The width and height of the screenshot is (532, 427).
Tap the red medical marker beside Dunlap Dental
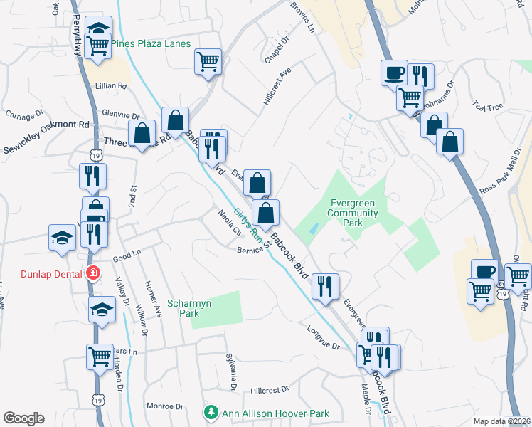(x=92, y=273)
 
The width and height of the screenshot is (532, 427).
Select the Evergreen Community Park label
(x=353, y=213)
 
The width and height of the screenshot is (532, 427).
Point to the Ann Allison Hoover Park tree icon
(x=211, y=413)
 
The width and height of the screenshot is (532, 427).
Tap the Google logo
(x=23, y=418)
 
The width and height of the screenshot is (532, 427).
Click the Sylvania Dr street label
(x=230, y=371)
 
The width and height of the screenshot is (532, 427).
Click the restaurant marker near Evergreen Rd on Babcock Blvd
(x=325, y=286)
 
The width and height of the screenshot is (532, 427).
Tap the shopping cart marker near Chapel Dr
(x=208, y=60)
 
